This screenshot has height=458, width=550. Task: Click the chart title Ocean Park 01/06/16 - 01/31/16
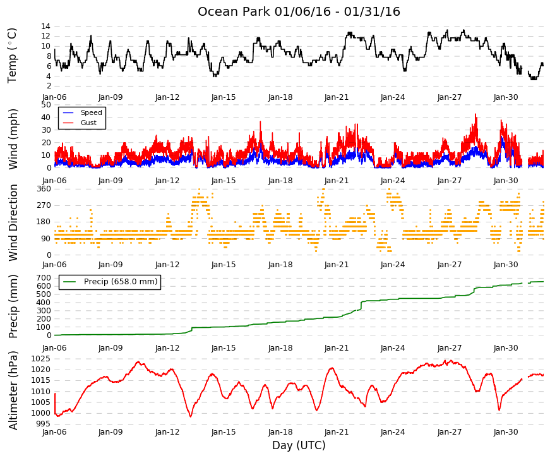click(x=299, y=11)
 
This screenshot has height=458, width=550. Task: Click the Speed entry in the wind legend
click(x=91, y=112)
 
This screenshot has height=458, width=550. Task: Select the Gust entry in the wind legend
click(x=88, y=123)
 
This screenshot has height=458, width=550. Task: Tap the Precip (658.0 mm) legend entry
click(x=121, y=282)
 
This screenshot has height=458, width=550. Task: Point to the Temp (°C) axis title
click(x=12, y=56)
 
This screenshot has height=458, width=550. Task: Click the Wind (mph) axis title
click(x=13, y=140)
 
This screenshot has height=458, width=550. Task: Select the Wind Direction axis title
click(x=13, y=222)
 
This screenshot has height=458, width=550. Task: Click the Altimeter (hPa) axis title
click(x=13, y=390)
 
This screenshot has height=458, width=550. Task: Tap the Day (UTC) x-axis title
click(x=299, y=445)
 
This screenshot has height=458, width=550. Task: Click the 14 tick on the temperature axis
click(x=45, y=27)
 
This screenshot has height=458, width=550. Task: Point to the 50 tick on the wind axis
click(x=46, y=105)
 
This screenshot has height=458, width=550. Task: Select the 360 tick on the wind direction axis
click(x=44, y=189)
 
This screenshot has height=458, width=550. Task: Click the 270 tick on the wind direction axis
click(x=44, y=205)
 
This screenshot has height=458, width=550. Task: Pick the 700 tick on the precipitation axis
click(x=44, y=278)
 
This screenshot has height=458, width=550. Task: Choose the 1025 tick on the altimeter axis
click(x=40, y=359)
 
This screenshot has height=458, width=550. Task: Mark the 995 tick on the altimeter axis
click(x=43, y=424)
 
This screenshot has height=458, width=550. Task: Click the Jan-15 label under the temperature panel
click(x=224, y=97)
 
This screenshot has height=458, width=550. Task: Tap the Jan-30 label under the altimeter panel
click(x=505, y=432)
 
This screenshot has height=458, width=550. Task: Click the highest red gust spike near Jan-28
click(x=475, y=114)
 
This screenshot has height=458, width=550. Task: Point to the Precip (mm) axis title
click(x=13, y=306)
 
